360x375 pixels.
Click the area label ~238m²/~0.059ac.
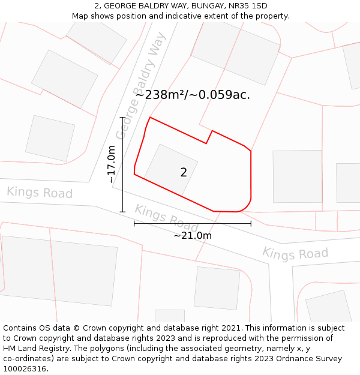coord(193,94)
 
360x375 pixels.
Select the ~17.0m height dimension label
coord(112,164)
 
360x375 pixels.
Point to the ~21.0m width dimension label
coord(193,235)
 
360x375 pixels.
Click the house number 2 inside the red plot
coord(184,172)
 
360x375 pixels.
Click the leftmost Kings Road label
coord(40,193)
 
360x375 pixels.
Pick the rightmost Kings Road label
coord(295,253)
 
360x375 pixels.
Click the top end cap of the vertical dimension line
coord(122,118)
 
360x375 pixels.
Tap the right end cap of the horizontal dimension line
coord(251,224)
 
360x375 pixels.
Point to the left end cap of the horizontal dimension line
coord(134,224)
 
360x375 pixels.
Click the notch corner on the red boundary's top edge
coord(206,143)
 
